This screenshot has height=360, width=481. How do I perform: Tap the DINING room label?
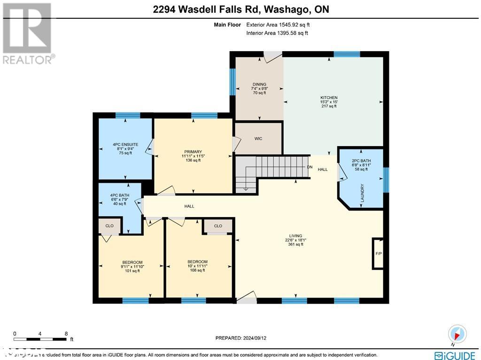click(x=259, y=85)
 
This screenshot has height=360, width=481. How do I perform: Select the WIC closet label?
click(x=258, y=139)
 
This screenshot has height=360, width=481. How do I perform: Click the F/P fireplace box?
click(x=378, y=253)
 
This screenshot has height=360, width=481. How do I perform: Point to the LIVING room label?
click(x=295, y=236)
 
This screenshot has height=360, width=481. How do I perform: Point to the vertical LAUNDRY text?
click(x=362, y=193)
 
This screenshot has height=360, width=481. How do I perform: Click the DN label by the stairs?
click(x=310, y=167)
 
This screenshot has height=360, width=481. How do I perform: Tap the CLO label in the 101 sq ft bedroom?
click(x=109, y=226)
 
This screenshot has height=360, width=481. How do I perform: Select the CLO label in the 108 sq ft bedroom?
click(x=218, y=226)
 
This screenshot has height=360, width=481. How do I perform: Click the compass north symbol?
click(x=457, y=334)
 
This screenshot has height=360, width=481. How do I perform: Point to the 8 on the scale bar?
click(x=66, y=334)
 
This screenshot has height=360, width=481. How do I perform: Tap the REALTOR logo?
click(x=27, y=33)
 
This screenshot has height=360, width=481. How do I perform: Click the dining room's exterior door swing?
click(x=271, y=57)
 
